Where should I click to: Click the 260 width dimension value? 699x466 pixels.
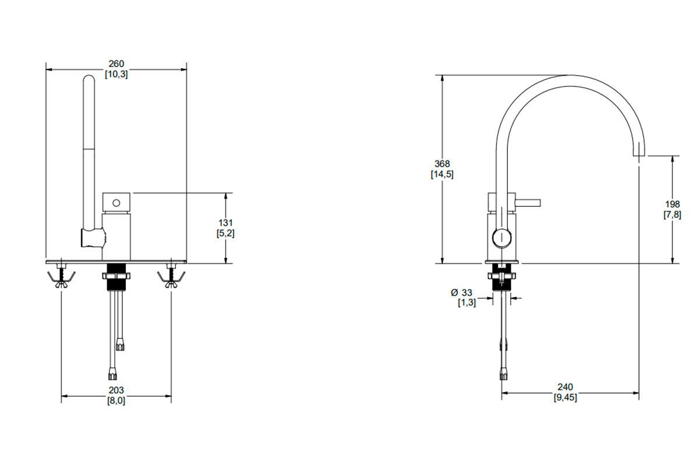116,63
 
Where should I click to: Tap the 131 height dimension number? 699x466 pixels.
225,223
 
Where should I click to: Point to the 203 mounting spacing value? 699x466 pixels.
116,390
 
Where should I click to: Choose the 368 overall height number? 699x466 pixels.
442,164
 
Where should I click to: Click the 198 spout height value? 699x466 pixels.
672,204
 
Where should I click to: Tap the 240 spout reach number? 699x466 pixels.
565,387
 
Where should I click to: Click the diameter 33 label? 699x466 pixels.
461,292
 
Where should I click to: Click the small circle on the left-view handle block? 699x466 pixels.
116,203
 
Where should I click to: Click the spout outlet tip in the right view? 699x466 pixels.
638,155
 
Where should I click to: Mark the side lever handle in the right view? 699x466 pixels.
528,203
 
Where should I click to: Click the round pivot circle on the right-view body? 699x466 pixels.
502,238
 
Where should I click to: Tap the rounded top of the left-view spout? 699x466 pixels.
89,78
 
